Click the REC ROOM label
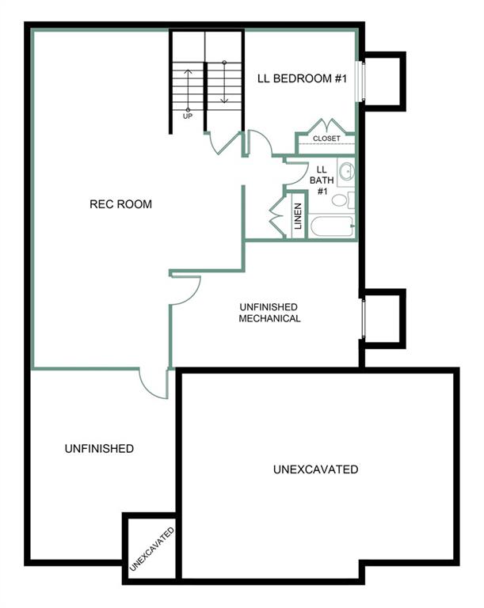(x=120, y=204)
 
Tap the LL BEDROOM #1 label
(x=302, y=78)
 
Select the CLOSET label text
(x=326, y=139)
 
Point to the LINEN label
(x=298, y=216)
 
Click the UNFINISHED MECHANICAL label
(x=269, y=313)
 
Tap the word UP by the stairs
(x=188, y=116)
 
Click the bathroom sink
(x=346, y=171)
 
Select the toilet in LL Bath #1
(x=343, y=200)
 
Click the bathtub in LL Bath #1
(x=332, y=226)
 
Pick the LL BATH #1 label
(x=322, y=180)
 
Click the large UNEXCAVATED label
(x=315, y=469)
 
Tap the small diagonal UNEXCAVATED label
(x=152, y=549)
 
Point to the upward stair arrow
(x=188, y=90)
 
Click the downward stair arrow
(x=224, y=82)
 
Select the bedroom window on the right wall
(x=360, y=81)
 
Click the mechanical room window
(x=363, y=319)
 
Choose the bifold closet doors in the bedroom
(x=326, y=126)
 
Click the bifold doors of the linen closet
(x=277, y=215)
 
